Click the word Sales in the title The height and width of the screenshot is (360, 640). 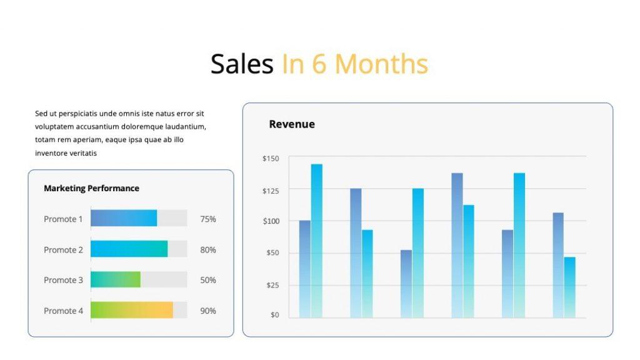coord(241,64)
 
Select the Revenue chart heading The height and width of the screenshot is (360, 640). coord(291,124)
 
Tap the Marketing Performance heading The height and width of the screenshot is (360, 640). coord(91,188)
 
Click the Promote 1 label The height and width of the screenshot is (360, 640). coord(63,219)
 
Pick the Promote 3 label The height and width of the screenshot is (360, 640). coord(63,280)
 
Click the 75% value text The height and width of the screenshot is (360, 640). coord(208,219)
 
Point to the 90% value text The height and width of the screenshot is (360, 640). coord(208,311)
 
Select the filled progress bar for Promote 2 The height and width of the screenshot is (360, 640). coord(129,249)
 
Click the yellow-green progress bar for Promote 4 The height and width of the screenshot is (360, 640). coord(131,310)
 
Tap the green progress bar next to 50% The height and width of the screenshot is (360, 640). coord(115,279)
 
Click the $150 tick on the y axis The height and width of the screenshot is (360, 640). coord(271,159)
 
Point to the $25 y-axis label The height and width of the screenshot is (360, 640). coord(272,285)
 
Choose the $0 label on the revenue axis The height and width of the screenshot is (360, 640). coord(274,314)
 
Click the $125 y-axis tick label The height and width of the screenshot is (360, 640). coord(271,190)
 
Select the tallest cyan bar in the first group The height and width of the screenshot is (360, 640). coord(317,241)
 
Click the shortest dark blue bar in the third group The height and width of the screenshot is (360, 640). coord(406,284)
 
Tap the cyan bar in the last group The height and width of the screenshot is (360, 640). coord(569,287)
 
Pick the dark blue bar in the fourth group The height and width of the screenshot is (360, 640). coord(457,245)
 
